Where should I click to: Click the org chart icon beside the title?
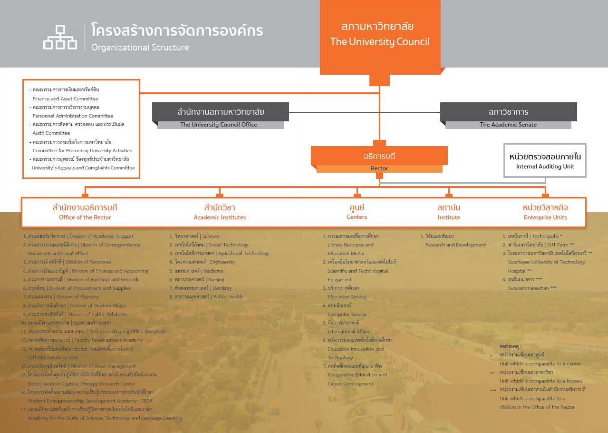[x=60, y=37]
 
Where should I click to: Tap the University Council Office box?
[x=220, y=116]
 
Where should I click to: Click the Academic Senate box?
[x=508, y=116]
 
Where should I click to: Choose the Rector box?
[x=379, y=159]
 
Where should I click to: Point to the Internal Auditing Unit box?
[x=545, y=161]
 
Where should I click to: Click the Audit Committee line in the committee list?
[x=51, y=133]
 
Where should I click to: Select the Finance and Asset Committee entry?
[x=65, y=98]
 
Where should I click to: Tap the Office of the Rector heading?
[x=85, y=212]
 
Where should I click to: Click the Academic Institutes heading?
[x=220, y=212]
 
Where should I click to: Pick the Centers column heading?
[x=357, y=212]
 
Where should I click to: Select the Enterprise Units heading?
[x=545, y=212]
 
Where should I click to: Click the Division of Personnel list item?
[x=67, y=262]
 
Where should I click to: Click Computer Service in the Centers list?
[x=347, y=314]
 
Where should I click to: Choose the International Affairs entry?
[x=348, y=331]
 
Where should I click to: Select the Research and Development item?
[x=455, y=245]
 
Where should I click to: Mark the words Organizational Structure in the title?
[x=140, y=48]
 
